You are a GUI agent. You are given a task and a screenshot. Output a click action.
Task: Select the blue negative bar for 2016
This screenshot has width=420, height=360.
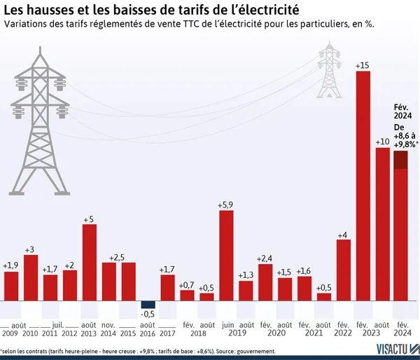pos(148,305)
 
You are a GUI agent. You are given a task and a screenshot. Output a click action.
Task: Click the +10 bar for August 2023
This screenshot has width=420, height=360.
pos(382,224)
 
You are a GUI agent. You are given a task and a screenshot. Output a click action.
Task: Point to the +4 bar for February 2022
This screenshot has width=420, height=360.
pos(343,270)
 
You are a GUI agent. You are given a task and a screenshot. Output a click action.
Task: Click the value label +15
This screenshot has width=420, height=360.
pos(363,66)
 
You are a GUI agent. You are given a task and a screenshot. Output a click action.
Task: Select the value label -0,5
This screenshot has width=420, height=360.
pos(148,314)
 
